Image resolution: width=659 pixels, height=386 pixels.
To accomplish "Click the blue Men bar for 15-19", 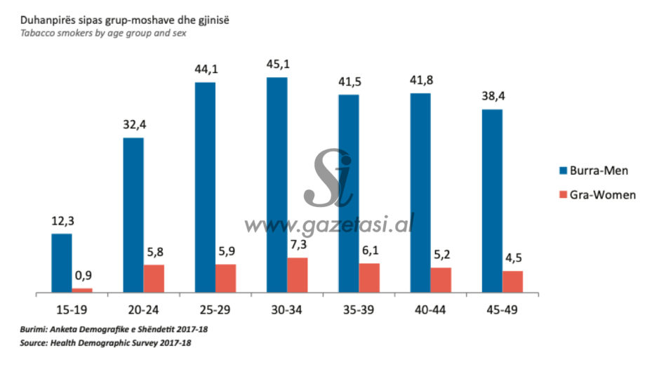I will [x=62, y=262].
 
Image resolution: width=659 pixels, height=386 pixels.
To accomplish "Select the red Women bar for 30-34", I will [x=298, y=274].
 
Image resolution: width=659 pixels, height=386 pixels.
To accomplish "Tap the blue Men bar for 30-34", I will [x=277, y=185].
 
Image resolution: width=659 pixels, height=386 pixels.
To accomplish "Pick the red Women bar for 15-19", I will [x=82, y=290].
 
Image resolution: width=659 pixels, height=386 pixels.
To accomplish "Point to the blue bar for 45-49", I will [x=492, y=201].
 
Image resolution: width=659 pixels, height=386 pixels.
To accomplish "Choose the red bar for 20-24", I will [x=154, y=278].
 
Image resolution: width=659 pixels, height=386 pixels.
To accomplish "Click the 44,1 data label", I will [x=205, y=69].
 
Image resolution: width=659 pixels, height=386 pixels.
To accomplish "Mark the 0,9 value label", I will [x=84, y=277].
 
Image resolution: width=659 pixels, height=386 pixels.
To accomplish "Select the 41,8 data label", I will [x=420, y=80].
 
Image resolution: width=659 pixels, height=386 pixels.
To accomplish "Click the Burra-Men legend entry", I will [x=594, y=171].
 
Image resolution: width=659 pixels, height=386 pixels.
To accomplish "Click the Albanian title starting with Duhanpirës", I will [x=124, y=21].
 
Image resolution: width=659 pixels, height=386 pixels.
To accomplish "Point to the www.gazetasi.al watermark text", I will [x=328, y=224].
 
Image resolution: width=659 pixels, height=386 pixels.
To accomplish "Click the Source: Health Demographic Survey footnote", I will [x=105, y=343].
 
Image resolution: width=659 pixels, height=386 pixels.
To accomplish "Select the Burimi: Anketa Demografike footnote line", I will [x=114, y=329].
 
